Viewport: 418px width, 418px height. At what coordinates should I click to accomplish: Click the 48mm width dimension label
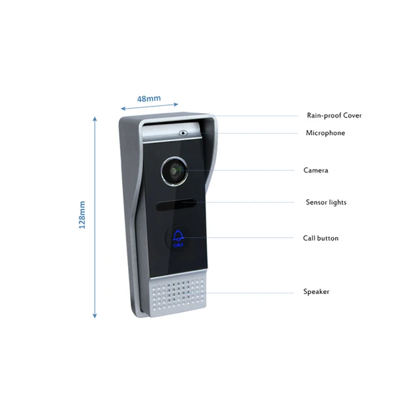tap(149, 99)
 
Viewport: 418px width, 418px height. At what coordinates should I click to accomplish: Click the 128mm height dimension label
tap(82, 215)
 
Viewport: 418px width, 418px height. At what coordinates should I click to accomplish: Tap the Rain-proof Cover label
tap(334, 116)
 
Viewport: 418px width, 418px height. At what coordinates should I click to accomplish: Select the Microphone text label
tap(325, 133)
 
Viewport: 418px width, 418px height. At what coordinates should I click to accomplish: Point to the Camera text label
tap(315, 170)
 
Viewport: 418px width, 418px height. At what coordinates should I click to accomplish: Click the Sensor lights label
tap(326, 202)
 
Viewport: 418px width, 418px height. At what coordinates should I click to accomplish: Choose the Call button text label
tap(321, 238)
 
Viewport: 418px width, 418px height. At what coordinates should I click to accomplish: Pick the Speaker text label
tap(316, 291)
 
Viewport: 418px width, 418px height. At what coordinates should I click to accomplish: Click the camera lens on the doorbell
tap(174, 171)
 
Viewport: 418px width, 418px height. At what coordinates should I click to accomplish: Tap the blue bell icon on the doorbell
tap(178, 236)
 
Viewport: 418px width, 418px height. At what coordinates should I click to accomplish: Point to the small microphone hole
tap(183, 133)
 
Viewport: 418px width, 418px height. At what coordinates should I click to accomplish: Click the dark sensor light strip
tap(176, 204)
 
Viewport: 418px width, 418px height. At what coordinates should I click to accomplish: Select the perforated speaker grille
tap(178, 294)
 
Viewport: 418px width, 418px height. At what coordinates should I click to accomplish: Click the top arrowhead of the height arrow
tap(95, 119)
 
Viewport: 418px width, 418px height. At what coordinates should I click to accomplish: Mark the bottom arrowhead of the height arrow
tap(95, 316)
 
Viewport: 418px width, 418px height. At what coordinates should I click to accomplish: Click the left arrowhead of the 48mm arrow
tap(123, 108)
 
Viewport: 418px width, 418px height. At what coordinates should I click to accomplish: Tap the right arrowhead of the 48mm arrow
tap(176, 104)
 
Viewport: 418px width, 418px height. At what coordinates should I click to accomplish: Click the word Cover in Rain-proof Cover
tap(352, 116)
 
